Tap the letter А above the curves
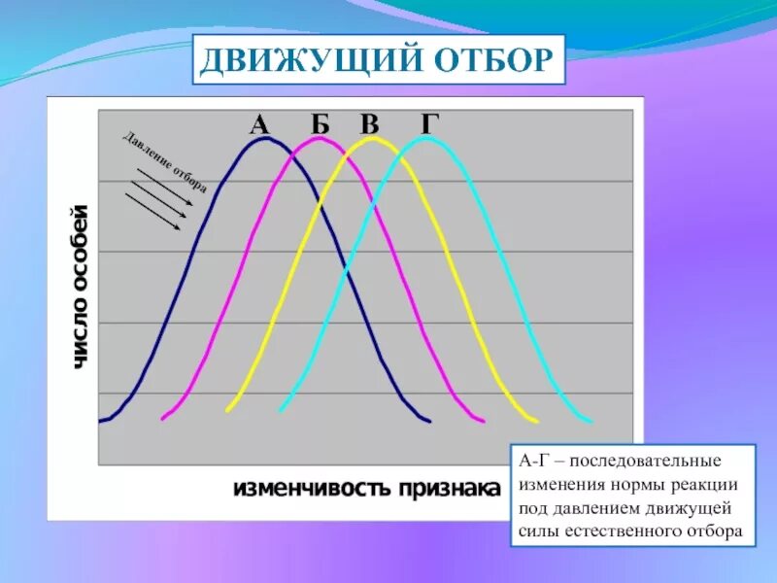tap(258, 124)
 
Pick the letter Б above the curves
tap(321, 124)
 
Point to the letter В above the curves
tap(369, 124)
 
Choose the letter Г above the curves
tap(430, 124)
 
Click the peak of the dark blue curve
tap(263, 138)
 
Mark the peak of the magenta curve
tap(319, 138)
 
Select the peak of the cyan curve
tap(425, 137)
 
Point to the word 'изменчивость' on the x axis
tap(310, 487)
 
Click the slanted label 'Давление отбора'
tap(164, 160)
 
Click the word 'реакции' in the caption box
tap(704, 483)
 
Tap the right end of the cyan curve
tap(591, 422)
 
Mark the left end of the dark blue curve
tap(101, 421)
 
